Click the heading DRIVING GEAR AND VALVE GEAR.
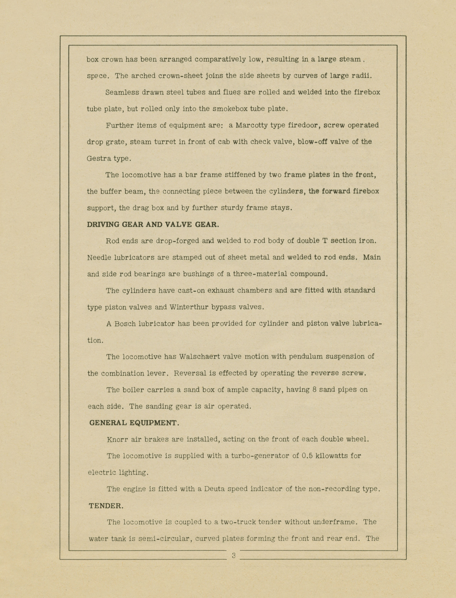tap(153, 224)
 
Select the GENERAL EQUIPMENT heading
tap(134, 423)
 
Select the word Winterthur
tap(188, 307)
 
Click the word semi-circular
tap(165, 538)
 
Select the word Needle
tap(99, 257)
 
